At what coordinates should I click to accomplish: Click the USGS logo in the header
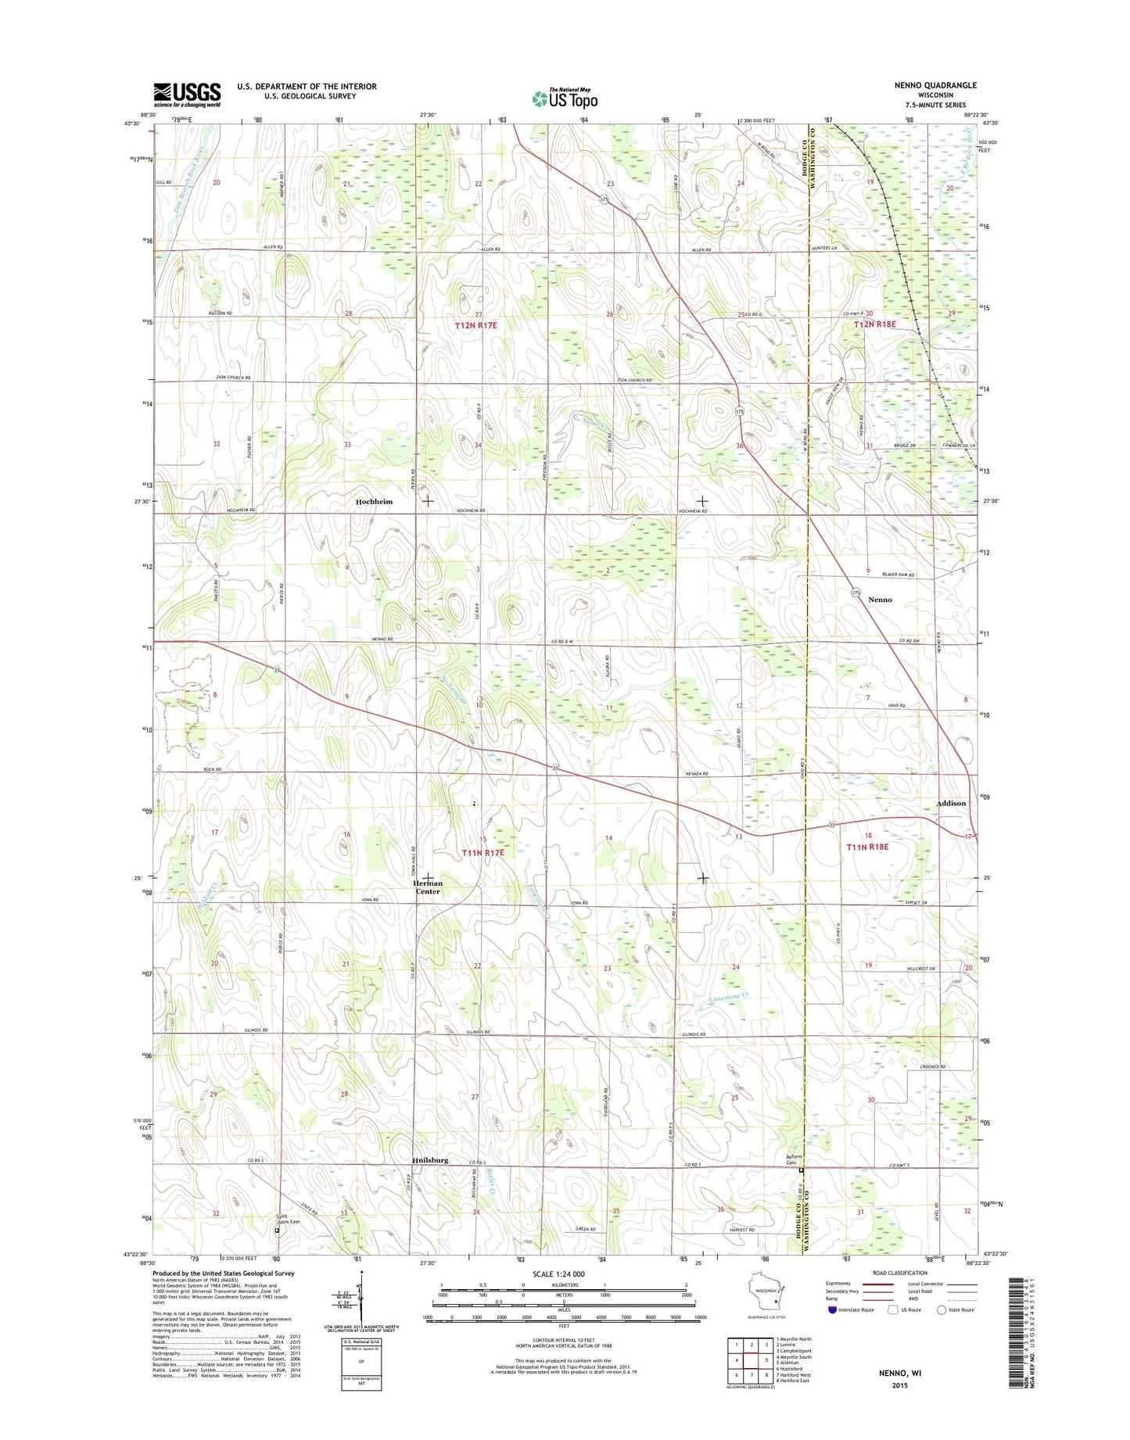(187, 95)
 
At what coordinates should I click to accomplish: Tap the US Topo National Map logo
(565, 98)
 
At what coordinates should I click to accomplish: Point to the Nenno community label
(880, 600)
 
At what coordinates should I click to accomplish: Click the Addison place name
(951, 803)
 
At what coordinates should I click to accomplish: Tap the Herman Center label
(428, 887)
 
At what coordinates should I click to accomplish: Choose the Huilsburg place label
(430, 1160)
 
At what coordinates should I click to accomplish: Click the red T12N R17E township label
(476, 324)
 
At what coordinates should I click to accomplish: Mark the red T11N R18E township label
(867, 847)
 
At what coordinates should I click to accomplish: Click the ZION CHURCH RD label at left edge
(233, 378)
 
